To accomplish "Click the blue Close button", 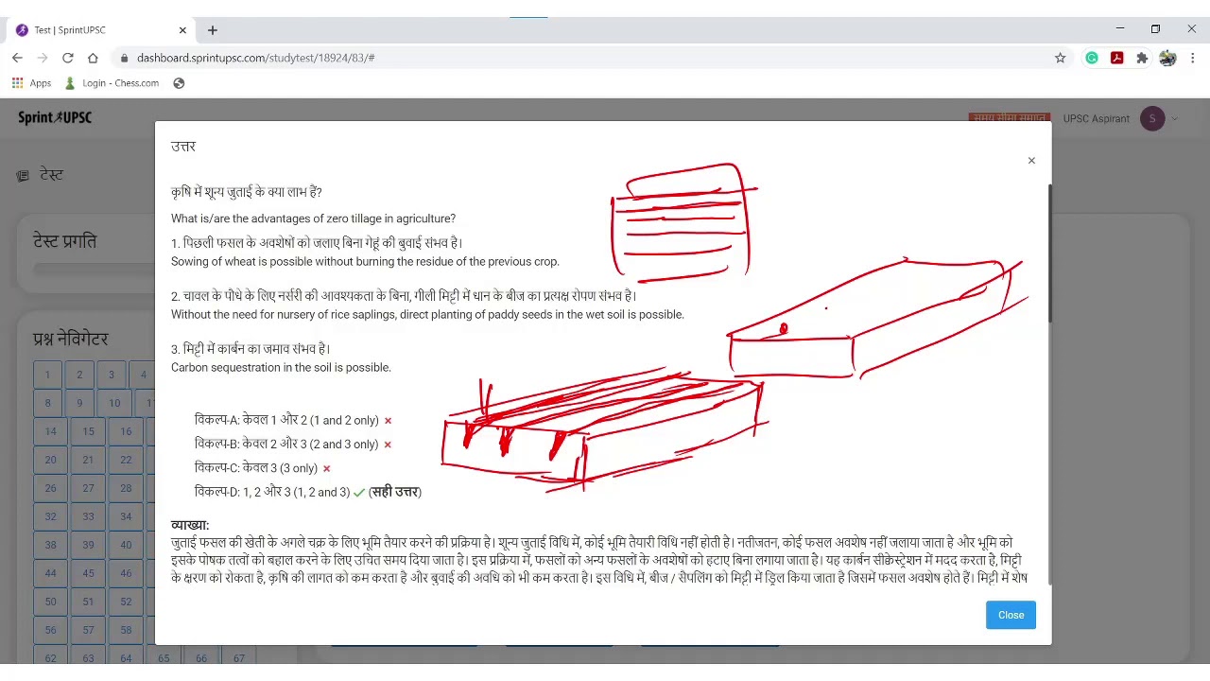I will click(x=1011, y=615).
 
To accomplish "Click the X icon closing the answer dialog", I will click(x=1031, y=161).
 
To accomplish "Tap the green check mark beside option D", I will click(x=359, y=493).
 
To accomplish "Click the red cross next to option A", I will click(x=388, y=421).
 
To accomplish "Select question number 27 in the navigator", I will click(x=88, y=488).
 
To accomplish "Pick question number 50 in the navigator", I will click(x=50, y=602).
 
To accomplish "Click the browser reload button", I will click(x=68, y=58).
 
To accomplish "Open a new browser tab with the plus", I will click(x=213, y=30).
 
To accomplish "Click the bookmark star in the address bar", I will click(x=1060, y=58).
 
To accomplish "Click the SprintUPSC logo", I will click(x=55, y=118).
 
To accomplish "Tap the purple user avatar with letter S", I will click(x=1151, y=119).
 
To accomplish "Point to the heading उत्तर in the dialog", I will click(x=183, y=147).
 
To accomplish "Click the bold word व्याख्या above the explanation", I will click(x=189, y=525).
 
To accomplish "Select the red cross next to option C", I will click(x=326, y=468).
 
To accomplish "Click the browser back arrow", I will click(x=17, y=58).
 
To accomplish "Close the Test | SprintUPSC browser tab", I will click(x=182, y=30).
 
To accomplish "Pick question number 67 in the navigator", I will click(x=238, y=658).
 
